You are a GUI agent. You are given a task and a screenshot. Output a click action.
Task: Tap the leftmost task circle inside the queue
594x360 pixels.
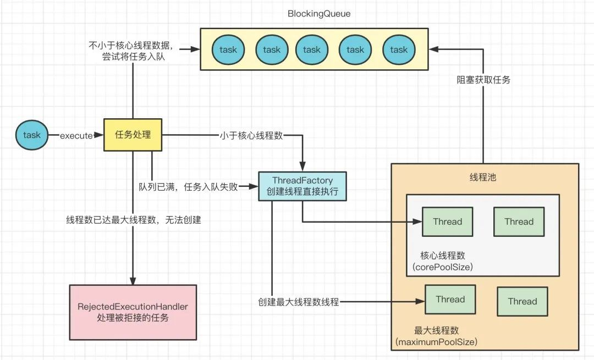pyautogui.click(x=228, y=49)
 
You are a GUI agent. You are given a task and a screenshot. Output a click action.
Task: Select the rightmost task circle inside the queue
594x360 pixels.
pyautogui.click(x=399, y=49)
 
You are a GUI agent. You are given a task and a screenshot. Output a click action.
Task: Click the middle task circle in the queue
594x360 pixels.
pyautogui.click(x=311, y=49)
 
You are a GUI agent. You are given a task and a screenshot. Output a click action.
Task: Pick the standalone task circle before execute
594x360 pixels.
pyautogui.click(x=32, y=135)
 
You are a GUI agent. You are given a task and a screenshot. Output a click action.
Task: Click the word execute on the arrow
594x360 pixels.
pyautogui.click(x=76, y=135)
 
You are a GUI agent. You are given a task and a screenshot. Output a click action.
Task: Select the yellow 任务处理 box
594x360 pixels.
pyautogui.click(x=133, y=135)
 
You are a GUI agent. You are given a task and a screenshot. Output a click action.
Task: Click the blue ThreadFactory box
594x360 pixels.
pyautogui.click(x=302, y=186)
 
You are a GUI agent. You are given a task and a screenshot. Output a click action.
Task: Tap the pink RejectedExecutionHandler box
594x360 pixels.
pyautogui.click(x=133, y=312)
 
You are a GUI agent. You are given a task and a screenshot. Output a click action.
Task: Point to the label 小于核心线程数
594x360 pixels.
pyautogui.click(x=252, y=135)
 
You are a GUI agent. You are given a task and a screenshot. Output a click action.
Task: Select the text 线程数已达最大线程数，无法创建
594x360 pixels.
pyautogui.click(x=134, y=220)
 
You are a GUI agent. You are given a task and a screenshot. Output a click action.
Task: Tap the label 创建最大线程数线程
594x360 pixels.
pyautogui.click(x=299, y=302)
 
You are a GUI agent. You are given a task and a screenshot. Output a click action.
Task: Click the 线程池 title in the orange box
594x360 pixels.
pyautogui.click(x=484, y=178)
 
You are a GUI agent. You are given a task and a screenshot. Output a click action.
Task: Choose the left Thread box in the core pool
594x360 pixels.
pyautogui.click(x=447, y=221)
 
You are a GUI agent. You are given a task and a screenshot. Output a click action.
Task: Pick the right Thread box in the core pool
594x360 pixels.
pyautogui.click(x=519, y=221)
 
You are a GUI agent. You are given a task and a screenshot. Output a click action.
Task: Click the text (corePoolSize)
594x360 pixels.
pyautogui.click(x=443, y=267)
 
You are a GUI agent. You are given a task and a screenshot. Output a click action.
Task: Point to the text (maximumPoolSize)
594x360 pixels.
pyautogui.click(x=436, y=342)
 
